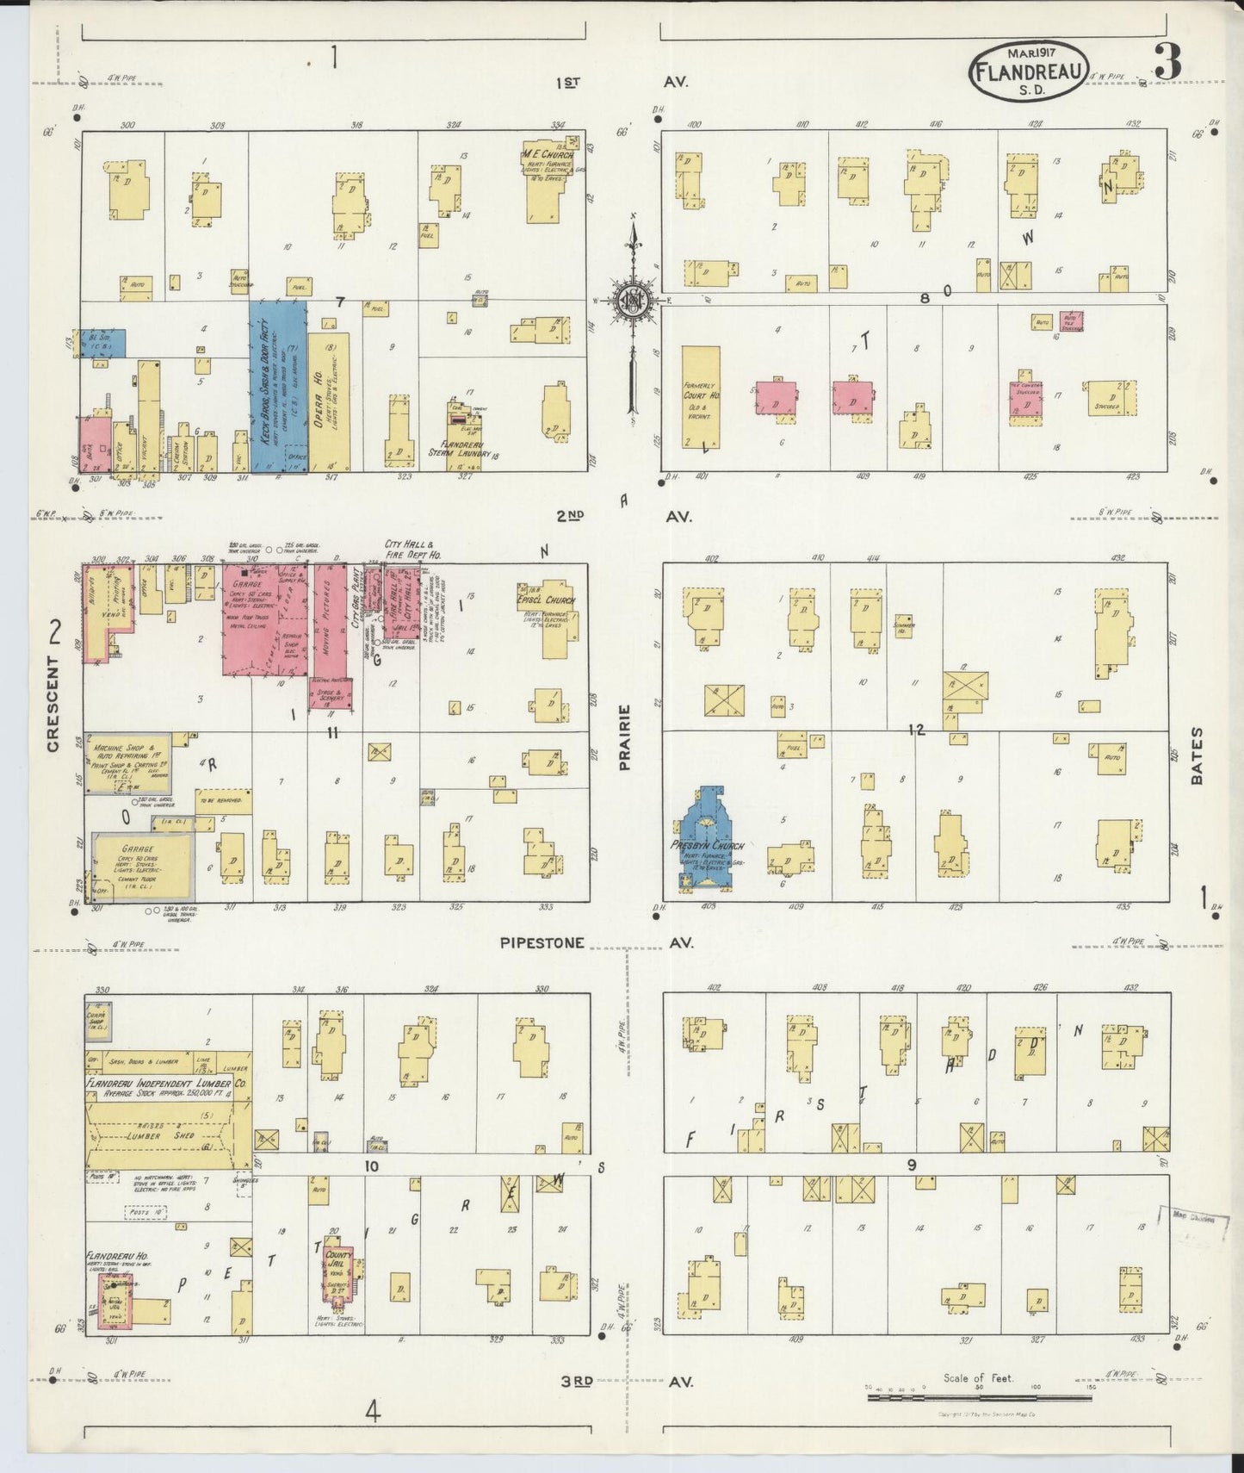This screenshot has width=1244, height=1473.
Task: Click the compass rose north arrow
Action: (634, 297)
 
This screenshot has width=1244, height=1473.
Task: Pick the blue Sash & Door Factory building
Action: (278, 383)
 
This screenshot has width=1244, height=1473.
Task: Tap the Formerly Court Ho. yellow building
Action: (701, 396)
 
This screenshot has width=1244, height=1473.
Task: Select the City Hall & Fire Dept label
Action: (413, 550)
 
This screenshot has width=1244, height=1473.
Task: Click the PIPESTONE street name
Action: (542, 943)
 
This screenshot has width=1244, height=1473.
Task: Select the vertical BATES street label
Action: (1197, 755)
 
